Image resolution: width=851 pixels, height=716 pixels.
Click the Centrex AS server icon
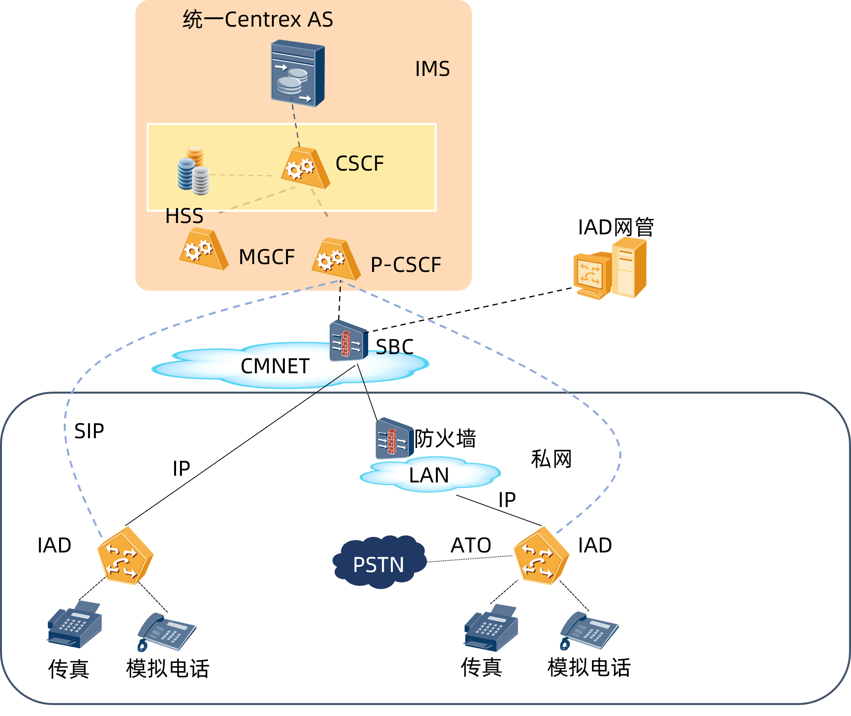pyautogui.click(x=297, y=73)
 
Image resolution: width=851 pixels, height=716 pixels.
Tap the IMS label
pyautogui.click(x=432, y=68)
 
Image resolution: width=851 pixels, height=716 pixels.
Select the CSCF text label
pyautogui.click(x=360, y=164)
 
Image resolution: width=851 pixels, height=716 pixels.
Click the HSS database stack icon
pyautogui.click(x=194, y=171)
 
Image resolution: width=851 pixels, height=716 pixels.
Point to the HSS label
pyautogui.click(x=184, y=216)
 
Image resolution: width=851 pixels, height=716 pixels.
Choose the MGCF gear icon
pyautogui.click(x=203, y=250)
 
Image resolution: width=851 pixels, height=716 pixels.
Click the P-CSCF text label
pyautogui.click(x=406, y=265)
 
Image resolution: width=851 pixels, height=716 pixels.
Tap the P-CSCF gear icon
pyautogui.click(x=336, y=259)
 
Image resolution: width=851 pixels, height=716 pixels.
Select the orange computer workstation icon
pyautogui.click(x=610, y=268)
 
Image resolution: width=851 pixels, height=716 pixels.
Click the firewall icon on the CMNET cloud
pyautogui.click(x=348, y=341)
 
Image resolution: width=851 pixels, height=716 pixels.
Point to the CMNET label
pyautogui.click(x=275, y=366)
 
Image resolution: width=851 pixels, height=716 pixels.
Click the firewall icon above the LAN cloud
pyautogui.click(x=394, y=439)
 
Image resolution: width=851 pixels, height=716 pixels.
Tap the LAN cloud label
pyautogui.click(x=429, y=475)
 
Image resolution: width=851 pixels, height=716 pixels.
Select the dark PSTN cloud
pyautogui.click(x=379, y=562)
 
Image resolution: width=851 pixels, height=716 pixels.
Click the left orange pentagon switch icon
pyautogui.click(x=125, y=556)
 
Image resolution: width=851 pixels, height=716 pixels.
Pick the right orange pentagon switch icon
pyautogui.click(x=541, y=556)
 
